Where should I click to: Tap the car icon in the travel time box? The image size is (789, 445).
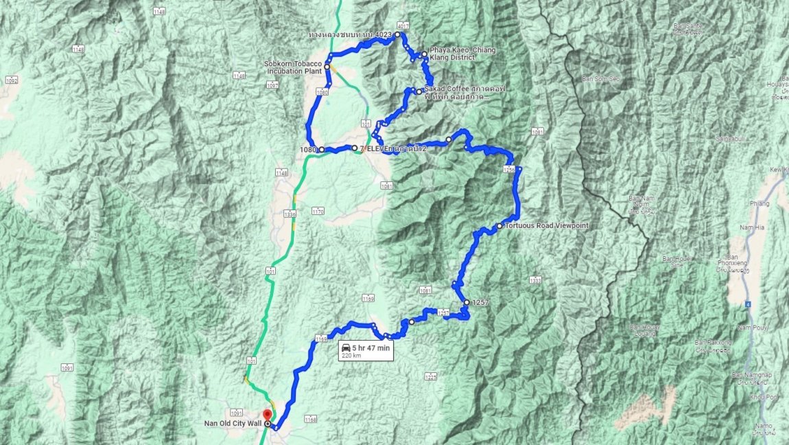[x=347, y=348]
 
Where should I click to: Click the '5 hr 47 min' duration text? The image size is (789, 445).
[x=371, y=348]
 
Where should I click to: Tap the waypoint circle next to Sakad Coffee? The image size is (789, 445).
[x=419, y=91]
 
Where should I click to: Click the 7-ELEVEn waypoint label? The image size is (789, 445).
[x=388, y=148]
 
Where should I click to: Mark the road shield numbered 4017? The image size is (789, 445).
[x=403, y=26]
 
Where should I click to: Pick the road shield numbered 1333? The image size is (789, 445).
[x=535, y=279]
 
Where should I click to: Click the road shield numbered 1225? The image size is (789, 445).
[x=430, y=377]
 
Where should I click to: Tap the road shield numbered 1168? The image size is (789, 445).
[x=311, y=419]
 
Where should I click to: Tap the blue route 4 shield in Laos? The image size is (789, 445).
[x=749, y=303]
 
